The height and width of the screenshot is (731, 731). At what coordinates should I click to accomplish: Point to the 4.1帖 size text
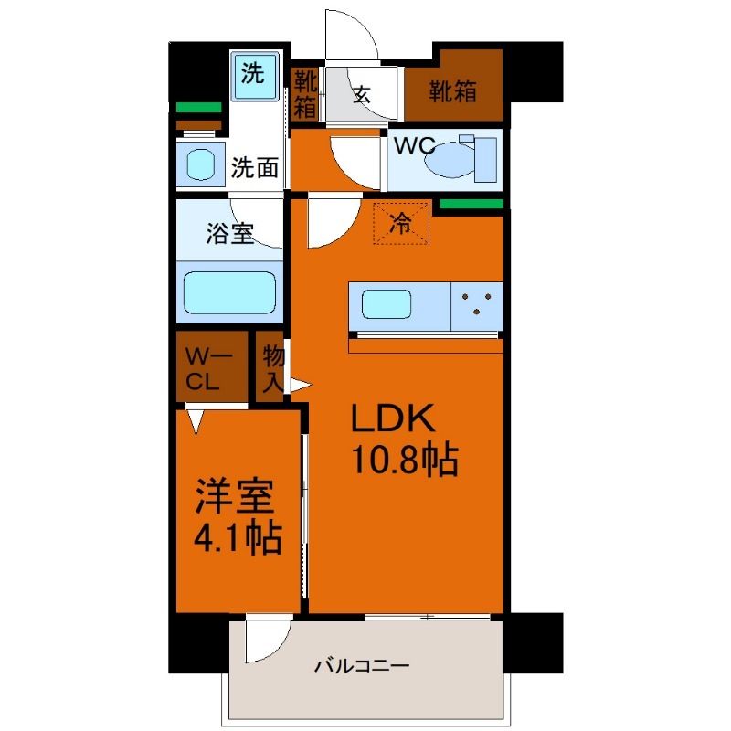click(236, 540)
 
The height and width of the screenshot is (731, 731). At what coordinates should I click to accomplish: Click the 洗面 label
click(254, 167)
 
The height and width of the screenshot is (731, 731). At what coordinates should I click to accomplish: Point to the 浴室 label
click(229, 234)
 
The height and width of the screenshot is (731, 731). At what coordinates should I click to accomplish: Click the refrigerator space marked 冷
click(400, 222)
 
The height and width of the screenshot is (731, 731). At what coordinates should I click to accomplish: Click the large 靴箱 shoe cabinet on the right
click(453, 90)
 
